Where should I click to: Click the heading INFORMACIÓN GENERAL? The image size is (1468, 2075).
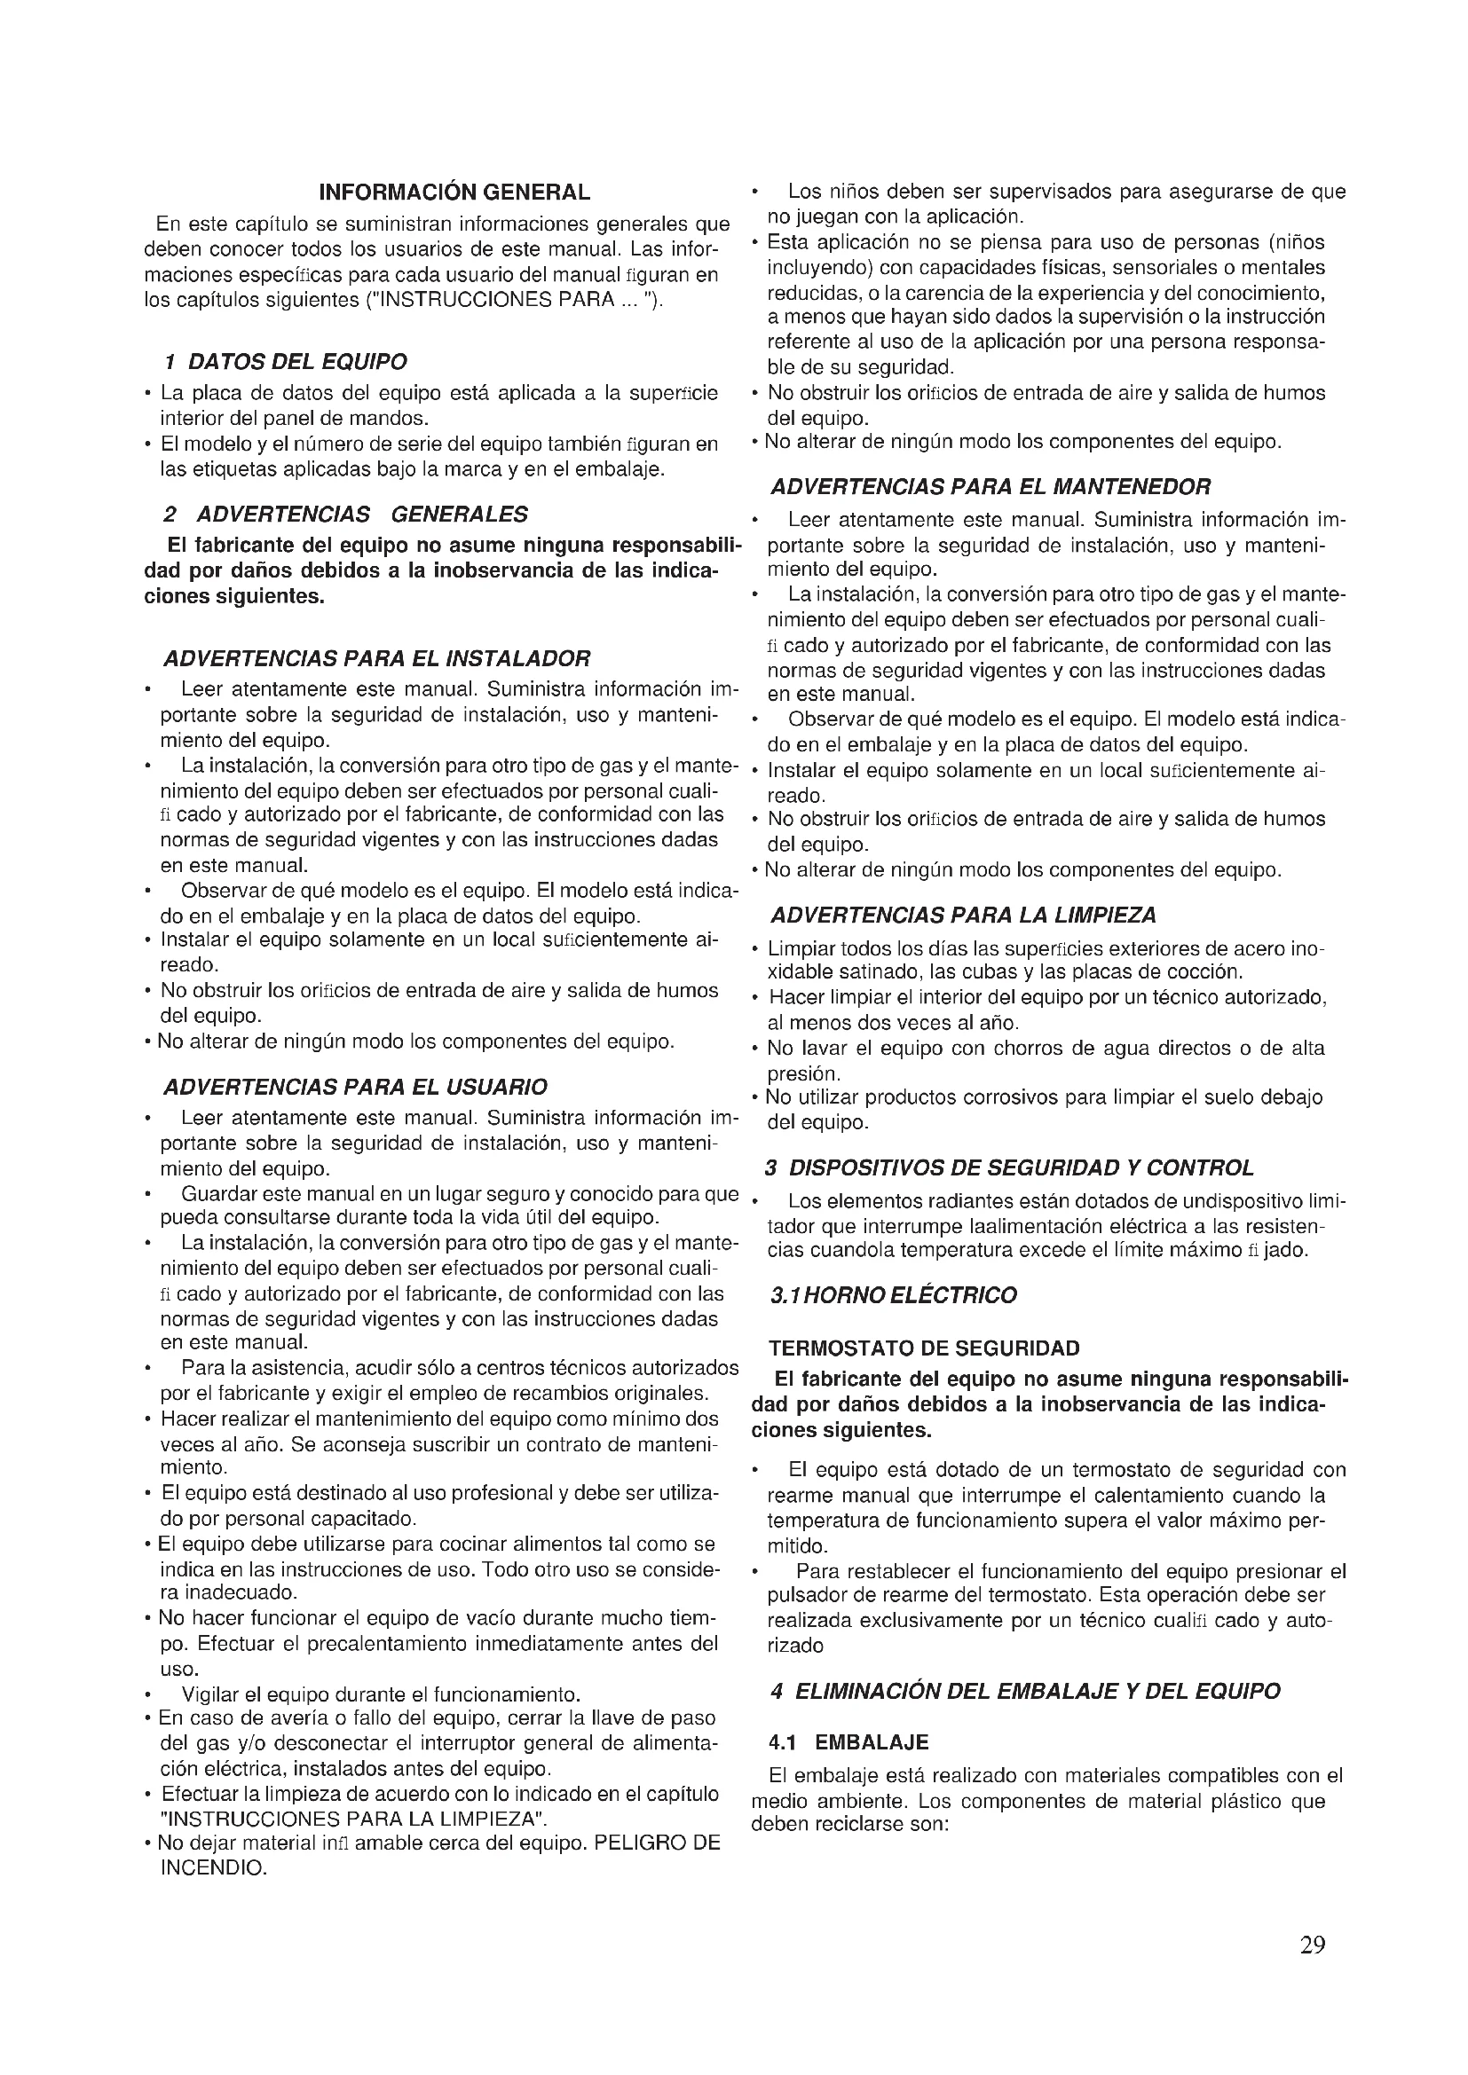point(454,192)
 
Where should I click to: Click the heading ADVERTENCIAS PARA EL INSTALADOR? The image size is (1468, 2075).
point(376,657)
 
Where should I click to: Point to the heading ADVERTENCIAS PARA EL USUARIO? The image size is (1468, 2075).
point(354,1085)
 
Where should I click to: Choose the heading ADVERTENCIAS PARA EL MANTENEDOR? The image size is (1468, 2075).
point(990,487)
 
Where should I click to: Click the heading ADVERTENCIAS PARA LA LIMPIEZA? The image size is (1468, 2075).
point(963,916)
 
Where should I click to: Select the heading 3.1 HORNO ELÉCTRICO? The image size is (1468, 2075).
point(893,1294)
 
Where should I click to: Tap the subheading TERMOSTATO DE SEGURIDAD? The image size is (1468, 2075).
point(924,1348)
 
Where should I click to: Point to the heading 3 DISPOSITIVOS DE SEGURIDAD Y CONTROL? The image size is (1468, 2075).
point(1009,1167)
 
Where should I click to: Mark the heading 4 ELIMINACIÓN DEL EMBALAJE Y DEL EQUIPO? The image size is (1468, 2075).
point(1025,1691)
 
